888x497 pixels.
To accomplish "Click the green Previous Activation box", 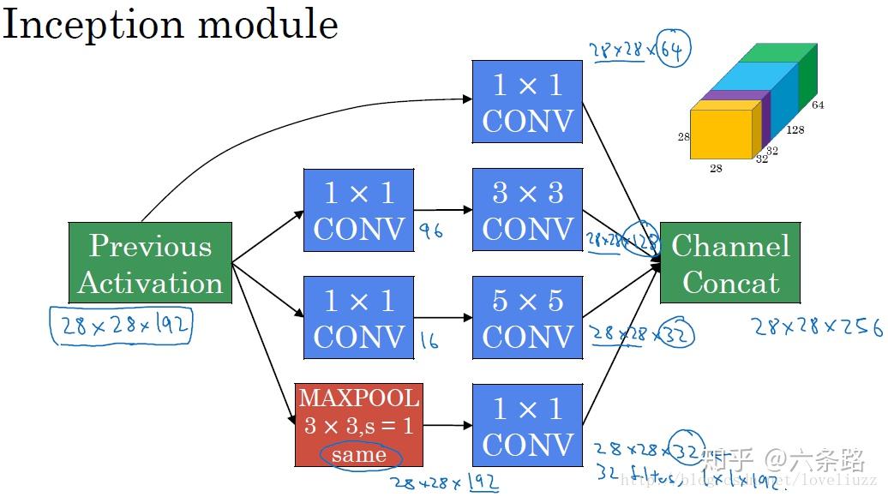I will pyautogui.click(x=150, y=263).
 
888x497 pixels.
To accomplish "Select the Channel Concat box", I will pyautogui.click(x=730, y=263).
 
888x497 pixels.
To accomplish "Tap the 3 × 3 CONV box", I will pyautogui.click(x=527, y=209).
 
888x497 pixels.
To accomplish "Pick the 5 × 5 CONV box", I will pyautogui.click(x=527, y=317).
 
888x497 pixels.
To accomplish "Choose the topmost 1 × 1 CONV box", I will pyautogui.click(x=527, y=101).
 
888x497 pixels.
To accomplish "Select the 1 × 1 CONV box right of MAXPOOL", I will pyautogui.click(x=527, y=425).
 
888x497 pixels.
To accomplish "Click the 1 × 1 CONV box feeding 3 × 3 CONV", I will pyautogui.click(x=358, y=209).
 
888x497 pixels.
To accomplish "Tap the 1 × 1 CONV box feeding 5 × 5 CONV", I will pyautogui.click(x=358, y=317).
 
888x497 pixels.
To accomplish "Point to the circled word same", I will pyautogui.click(x=358, y=455).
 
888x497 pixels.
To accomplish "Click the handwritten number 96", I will pyautogui.click(x=430, y=231).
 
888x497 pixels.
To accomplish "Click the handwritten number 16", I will pyautogui.click(x=429, y=341).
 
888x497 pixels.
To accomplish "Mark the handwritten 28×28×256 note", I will pyautogui.click(x=817, y=326).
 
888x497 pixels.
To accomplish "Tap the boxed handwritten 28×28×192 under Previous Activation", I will pyautogui.click(x=121, y=326).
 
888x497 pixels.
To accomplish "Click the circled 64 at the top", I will pyautogui.click(x=672, y=51).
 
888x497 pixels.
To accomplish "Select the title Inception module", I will pyautogui.click(x=170, y=24).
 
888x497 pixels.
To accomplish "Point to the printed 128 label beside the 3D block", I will pyautogui.click(x=795, y=130).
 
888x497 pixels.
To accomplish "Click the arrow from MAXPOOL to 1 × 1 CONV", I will pyautogui.click(x=447, y=425).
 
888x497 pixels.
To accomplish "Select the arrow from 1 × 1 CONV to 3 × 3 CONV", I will pyautogui.click(x=443, y=209).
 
